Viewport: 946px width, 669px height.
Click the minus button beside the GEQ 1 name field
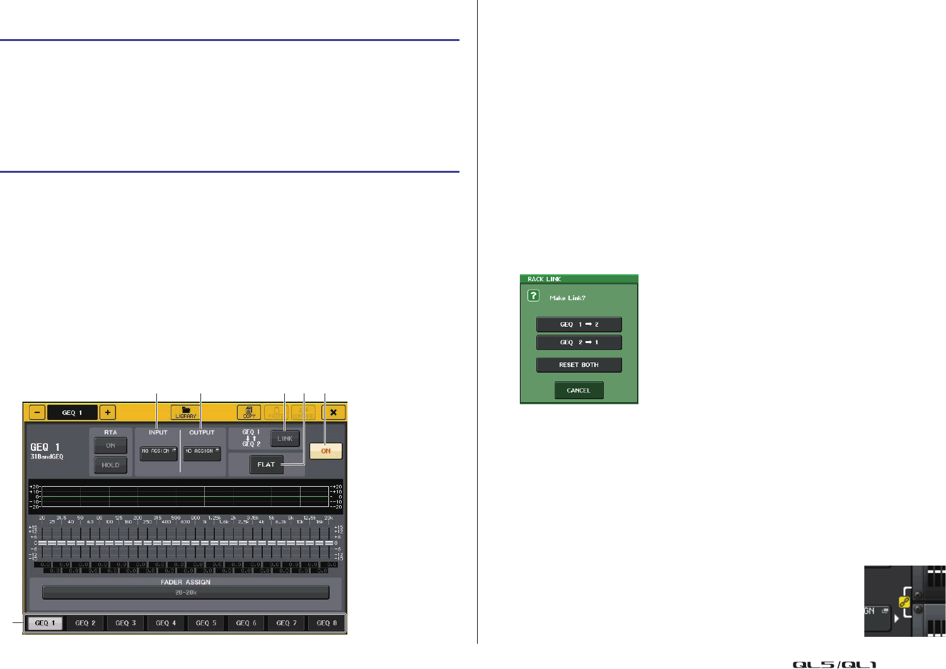[x=37, y=412]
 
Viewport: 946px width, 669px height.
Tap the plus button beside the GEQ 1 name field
[x=108, y=412]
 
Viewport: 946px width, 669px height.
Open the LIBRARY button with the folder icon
[x=186, y=412]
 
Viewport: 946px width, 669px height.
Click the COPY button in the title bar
[x=249, y=412]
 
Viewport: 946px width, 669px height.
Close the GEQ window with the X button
[x=333, y=412]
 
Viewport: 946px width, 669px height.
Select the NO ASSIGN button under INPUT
[x=158, y=452]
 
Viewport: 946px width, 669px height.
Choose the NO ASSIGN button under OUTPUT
[x=202, y=452]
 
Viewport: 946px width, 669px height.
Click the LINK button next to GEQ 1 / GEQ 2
[x=285, y=438]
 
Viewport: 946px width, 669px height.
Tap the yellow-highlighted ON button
[x=326, y=451]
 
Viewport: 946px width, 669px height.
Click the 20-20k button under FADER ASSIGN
[x=186, y=593]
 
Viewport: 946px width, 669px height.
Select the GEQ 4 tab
[x=166, y=623]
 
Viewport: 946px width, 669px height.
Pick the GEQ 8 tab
[x=326, y=623]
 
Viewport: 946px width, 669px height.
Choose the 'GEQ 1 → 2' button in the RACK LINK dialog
[x=579, y=324]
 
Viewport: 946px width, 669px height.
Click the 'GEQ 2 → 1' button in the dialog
[x=579, y=342]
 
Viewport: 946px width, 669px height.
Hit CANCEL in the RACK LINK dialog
[x=579, y=390]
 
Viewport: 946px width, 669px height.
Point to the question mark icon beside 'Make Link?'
[x=533, y=296]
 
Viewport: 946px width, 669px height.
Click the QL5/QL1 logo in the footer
[x=834, y=664]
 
